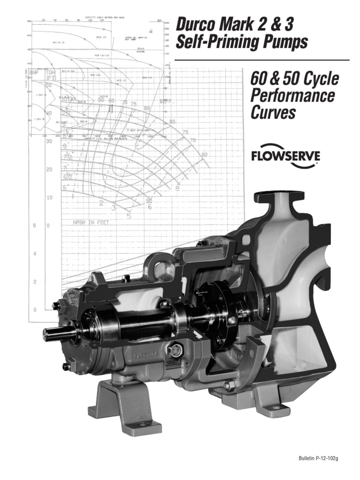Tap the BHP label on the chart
34,73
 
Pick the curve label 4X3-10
121,81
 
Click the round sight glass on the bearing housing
175,352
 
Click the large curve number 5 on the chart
129,216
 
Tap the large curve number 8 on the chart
177,189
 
